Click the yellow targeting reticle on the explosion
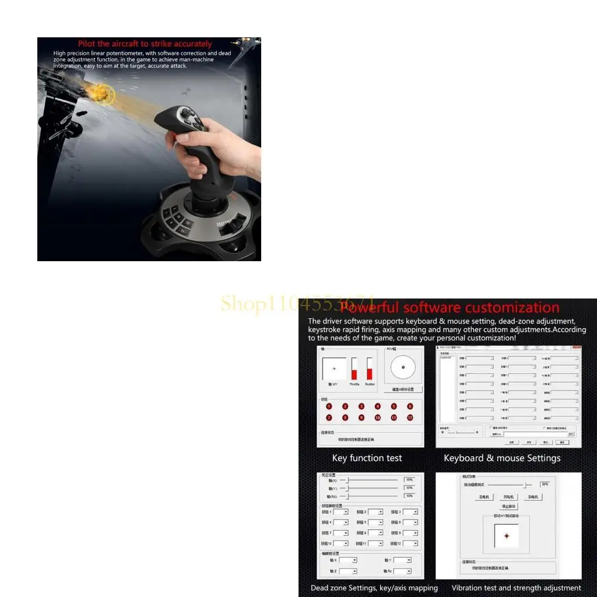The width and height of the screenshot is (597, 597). tap(104, 94)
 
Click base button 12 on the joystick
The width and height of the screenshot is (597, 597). tap(187, 222)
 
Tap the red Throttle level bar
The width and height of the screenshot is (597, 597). tap(354, 373)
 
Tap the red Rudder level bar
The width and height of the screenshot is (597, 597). tap(370, 373)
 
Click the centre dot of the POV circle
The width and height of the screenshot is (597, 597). tap(403, 367)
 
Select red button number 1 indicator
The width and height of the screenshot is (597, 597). tap(329, 406)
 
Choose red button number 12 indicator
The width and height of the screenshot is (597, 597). tap(410, 417)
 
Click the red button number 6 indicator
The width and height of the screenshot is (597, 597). tap(410, 406)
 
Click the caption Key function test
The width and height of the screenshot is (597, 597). tap(367, 458)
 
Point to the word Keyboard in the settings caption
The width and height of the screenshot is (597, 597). tap(463, 458)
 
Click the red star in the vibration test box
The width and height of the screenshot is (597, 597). tap(506, 536)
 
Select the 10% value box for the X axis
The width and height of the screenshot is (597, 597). tap(409, 480)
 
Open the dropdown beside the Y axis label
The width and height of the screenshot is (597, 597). tap(402, 560)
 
